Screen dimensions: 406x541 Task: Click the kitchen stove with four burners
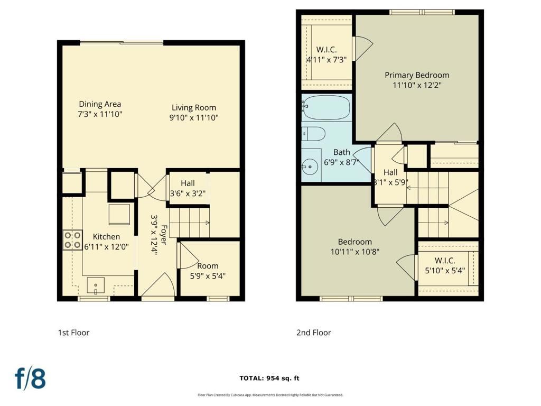[x=72, y=239]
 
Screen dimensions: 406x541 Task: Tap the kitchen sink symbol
[x=96, y=285]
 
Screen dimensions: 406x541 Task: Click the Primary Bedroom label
[x=416, y=75]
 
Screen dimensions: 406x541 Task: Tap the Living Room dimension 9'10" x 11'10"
[x=194, y=118]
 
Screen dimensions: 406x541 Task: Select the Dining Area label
[x=100, y=104]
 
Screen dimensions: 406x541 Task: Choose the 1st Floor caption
[x=73, y=333]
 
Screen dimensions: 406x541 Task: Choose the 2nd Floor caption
[x=313, y=333]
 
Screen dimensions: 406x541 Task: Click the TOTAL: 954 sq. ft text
[x=269, y=378]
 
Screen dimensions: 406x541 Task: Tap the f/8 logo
[x=30, y=379]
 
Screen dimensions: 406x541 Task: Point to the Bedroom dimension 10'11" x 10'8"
[x=355, y=252]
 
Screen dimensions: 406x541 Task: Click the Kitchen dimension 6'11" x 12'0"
[x=107, y=246]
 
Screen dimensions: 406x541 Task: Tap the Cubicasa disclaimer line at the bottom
[x=270, y=395]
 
